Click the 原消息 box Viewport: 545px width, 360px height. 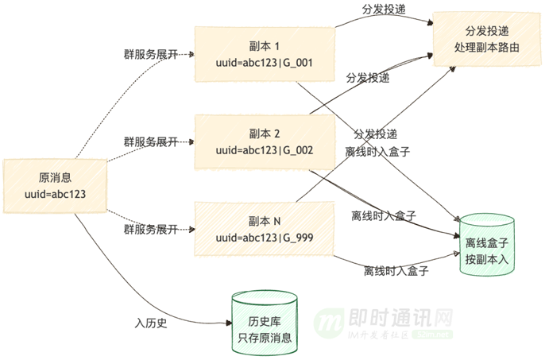[x=55, y=186]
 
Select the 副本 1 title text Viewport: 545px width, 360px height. [x=264, y=46]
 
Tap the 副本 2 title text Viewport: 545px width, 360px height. [x=264, y=134]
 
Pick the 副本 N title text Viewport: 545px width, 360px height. [x=264, y=221]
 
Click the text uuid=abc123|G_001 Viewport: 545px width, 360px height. [x=264, y=63]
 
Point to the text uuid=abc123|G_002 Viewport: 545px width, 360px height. [x=264, y=150]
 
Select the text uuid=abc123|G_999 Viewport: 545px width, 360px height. [x=264, y=238]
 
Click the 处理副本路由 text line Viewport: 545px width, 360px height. [x=486, y=48]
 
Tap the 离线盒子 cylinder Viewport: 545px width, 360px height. [x=486, y=245]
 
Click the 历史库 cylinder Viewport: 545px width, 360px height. [x=265, y=323]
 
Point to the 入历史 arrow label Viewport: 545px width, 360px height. [x=151, y=323]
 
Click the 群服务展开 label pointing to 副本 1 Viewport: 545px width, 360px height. [x=151, y=54]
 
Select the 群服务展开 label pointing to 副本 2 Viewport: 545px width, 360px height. [x=151, y=142]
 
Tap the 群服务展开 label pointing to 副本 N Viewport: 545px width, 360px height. [x=151, y=230]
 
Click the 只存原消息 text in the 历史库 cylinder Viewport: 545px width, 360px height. [x=265, y=338]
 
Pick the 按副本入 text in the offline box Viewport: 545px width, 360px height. [x=486, y=259]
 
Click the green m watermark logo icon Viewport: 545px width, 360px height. [x=329, y=323]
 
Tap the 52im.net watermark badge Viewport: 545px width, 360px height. [x=432, y=335]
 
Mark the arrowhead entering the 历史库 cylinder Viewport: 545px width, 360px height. [x=229, y=323]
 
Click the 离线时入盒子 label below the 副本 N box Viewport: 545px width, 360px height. [x=396, y=271]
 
